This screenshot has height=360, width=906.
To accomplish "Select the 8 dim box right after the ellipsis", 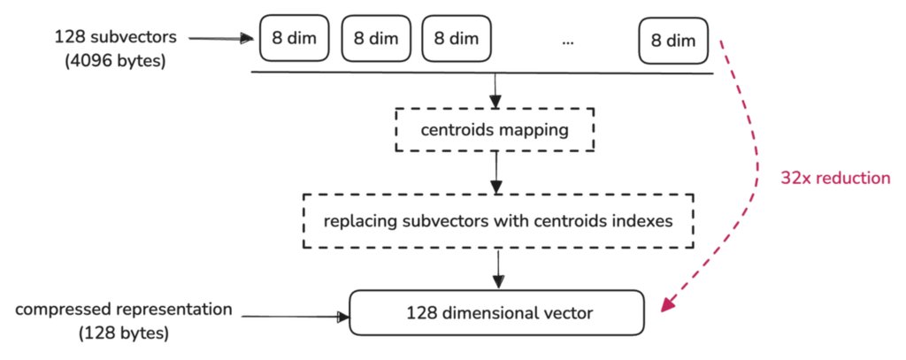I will pyautogui.click(x=672, y=40).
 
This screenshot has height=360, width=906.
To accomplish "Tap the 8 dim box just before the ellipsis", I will pyautogui.click(x=457, y=40).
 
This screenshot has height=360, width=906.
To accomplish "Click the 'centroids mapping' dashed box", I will pyautogui.click(x=495, y=131).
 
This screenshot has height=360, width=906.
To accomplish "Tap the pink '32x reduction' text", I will pyautogui.click(x=834, y=178).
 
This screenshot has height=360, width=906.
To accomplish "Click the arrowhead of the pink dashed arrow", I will pyautogui.click(x=667, y=304).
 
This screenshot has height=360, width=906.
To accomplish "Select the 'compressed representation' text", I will pyautogui.click(x=124, y=310).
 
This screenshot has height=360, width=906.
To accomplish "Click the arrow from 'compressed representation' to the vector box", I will pyautogui.click(x=296, y=315).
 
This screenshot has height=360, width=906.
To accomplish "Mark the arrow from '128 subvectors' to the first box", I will pyautogui.click(x=221, y=38).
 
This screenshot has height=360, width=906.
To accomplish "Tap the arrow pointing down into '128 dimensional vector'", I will pyautogui.click(x=495, y=268).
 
